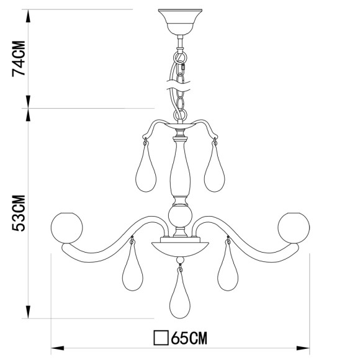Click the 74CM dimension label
pyautogui.click(x=20, y=60)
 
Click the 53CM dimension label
pyautogui.click(x=20, y=213)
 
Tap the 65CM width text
pyautogui.click(x=189, y=338)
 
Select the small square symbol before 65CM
pyautogui.click(x=161, y=338)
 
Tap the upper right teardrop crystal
pyautogui.click(x=214, y=172)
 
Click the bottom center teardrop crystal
pyautogui.click(x=180, y=297)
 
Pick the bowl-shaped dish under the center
pyautogui.click(x=180, y=246)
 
